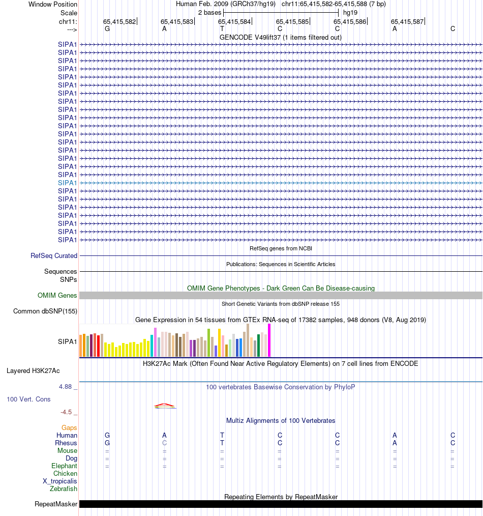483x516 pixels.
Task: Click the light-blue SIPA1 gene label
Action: (68, 183)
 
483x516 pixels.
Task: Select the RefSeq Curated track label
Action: (54, 256)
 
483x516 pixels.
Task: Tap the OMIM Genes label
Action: (57, 296)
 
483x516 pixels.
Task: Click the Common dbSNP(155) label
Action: (45, 311)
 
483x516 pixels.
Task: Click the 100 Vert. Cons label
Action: (28, 399)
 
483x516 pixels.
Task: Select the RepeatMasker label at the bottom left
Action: (56, 504)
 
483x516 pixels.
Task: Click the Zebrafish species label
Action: (64, 489)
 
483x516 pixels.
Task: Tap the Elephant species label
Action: (64, 466)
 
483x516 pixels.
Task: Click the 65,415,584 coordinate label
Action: (234, 22)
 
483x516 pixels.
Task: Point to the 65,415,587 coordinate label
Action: (407, 22)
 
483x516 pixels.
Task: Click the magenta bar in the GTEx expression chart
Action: (269, 340)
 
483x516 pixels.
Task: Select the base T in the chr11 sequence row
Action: (222, 29)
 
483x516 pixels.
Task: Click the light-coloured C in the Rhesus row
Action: (164, 443)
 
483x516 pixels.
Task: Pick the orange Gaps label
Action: (69, 428)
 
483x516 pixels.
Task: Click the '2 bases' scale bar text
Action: (209, 12)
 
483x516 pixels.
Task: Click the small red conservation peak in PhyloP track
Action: (164, 405)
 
